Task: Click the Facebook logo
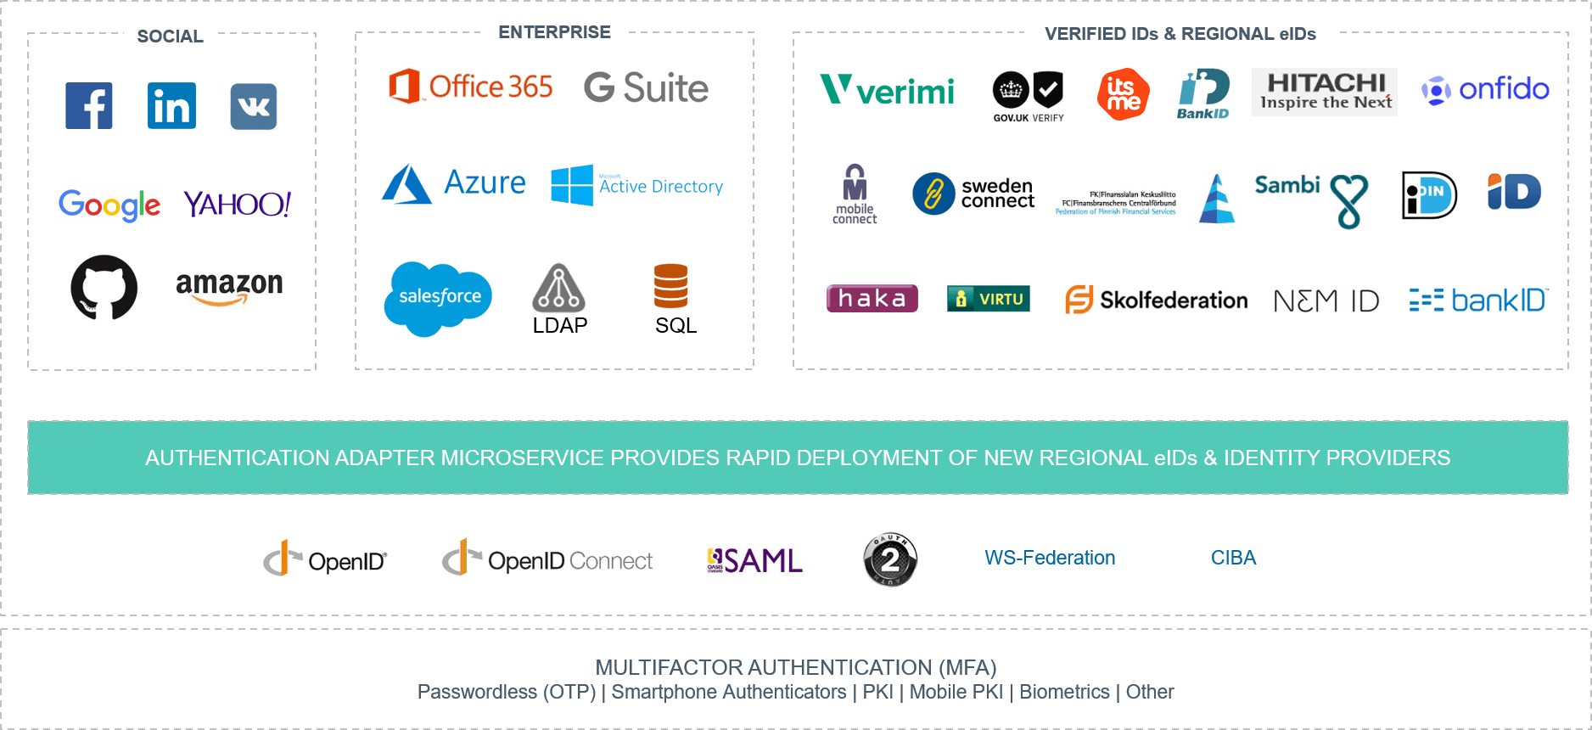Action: pyautogui.click(x=89, y=106)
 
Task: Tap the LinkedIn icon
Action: pyautogui.click(x=171, y=106)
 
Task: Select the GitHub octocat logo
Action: pyautogui.click(x=104, y=288)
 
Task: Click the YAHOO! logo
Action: pyautogui.click(x=237, y=204)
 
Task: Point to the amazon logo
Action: pyautogui.click(x=229, y=291)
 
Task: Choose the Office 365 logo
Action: pyautogui.click(x=470, y=87)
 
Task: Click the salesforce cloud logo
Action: pyautogui.click(x=438, y=297)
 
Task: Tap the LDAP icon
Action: pyautogui.click(x=558, y=297)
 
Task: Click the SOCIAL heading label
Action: pyautogui.click(x=170, y=36)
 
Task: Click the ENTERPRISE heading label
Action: pyautogui.click(x=554, y=32)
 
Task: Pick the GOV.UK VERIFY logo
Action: pyautogui.click(x=1028, y=96)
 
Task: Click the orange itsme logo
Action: pyautogui.click(x=1123, y=94)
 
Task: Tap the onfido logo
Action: pyautogui.click(x=1483, y=90)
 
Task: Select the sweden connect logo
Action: pyautogui.click(x=973, y=194)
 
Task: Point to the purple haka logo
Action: pyautogui.click(x=872, y=298)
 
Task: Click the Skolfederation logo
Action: pyautogui.click(x=1156, y=300)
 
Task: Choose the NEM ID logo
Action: pyautogui.click(x=1326, y=300)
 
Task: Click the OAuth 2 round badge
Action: pyautogui.click(x=889, y=559)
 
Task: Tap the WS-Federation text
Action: pyautogui.click(x=1050, y=558)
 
